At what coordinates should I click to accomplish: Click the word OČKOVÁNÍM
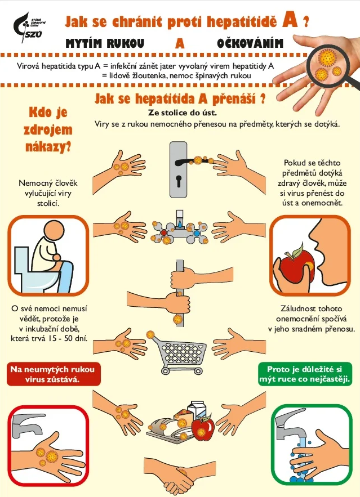(250, 43)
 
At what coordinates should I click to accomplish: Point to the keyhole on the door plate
(179, 182)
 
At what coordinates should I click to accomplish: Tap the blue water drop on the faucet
(180, 225)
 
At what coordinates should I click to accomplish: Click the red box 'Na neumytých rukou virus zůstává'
(54, 374)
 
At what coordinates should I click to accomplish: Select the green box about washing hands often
(305, 374)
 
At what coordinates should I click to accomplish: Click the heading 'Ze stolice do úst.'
(183, 113)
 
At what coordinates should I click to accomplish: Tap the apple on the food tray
(203, 428)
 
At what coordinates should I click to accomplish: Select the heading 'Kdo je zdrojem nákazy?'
(48, 129)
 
